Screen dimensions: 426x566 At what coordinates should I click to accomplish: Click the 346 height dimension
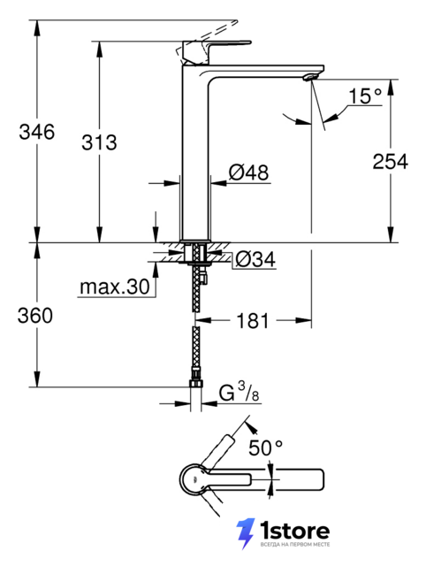click(x=37, y=132)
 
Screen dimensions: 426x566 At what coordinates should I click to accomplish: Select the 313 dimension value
click(x=99, y=142)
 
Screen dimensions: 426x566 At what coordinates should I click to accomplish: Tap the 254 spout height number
click(x=391, y=161)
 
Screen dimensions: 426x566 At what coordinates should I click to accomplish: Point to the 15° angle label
click(x=365, y=96)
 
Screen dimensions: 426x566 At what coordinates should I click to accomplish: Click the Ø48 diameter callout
click(x=249, y=172)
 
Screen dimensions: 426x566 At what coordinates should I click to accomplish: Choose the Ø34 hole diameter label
click(x=255, y=259)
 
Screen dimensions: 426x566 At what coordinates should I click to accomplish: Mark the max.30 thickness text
click(x=114, y=287)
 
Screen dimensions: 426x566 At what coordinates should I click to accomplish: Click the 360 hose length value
click(x=35, y=316)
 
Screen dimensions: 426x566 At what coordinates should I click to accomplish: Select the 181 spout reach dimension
click(x=253, y=320)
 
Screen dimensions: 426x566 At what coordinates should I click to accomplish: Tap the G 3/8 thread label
click(x=239, y=393)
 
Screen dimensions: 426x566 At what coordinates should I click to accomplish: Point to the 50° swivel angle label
click(x=265, y=448)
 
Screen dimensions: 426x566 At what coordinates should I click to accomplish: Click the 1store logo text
click(x=295, y=532)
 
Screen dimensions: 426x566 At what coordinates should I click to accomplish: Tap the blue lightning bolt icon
click(x=246, y=533)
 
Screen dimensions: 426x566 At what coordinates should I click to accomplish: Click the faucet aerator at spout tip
click(x=310, y=77)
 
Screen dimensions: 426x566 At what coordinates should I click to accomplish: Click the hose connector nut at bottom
click(x=196, y=383)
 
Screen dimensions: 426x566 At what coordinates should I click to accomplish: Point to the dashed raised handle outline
click(x=208, y=39)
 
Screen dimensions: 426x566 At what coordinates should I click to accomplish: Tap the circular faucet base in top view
click(x=194, y=479)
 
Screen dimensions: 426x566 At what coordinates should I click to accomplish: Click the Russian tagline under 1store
click(x=295, y=545)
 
